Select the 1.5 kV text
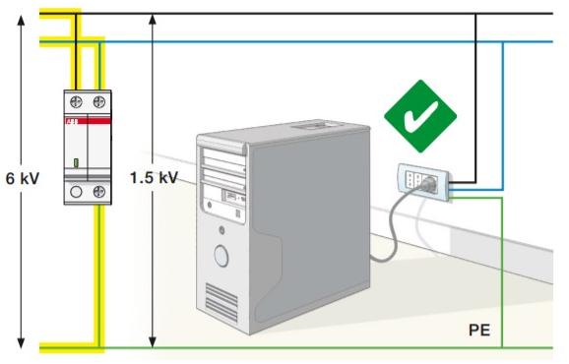click(153, 178)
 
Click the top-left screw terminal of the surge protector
click(75, 101)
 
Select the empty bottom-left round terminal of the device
click(75, 193)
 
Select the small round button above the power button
click(221, 232)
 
